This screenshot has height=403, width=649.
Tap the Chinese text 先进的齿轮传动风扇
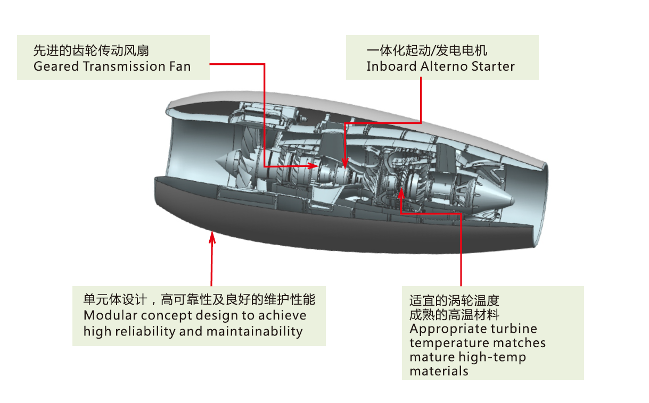pyautogui.click(x=91, y=51)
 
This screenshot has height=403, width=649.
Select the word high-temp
pyautogui.click(x=496, y=357)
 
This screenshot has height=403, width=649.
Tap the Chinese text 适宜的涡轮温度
pyautogui.click(x=454, y=301)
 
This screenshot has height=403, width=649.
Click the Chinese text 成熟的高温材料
pyautogui.click(x=454, y=315)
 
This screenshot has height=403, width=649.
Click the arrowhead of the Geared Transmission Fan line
pyautogui.click(x=314, y=166)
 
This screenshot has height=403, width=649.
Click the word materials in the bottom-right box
pyautogui.click(x=439, y=371)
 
